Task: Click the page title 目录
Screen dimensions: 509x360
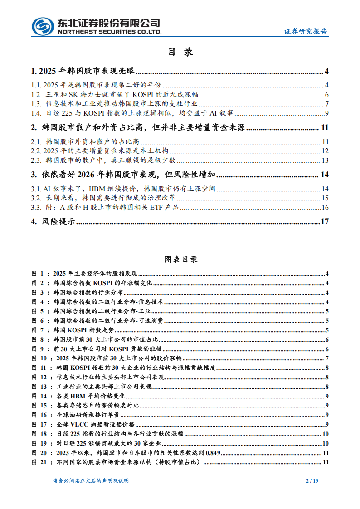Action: pyautogui.click(x=180, y=52)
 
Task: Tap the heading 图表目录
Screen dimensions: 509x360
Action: pyautogui.click(x=180, y=260)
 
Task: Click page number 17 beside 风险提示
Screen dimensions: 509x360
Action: pyautogui.click(x=324, y=222)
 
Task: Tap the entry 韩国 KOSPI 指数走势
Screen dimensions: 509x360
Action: pyautogui.click(x=79, y=330)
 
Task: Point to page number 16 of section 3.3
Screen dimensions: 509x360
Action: pyautogui.click(x=325, y=208)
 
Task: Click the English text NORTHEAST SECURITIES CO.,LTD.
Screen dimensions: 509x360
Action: pyautogui.click(x=109, y=33)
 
